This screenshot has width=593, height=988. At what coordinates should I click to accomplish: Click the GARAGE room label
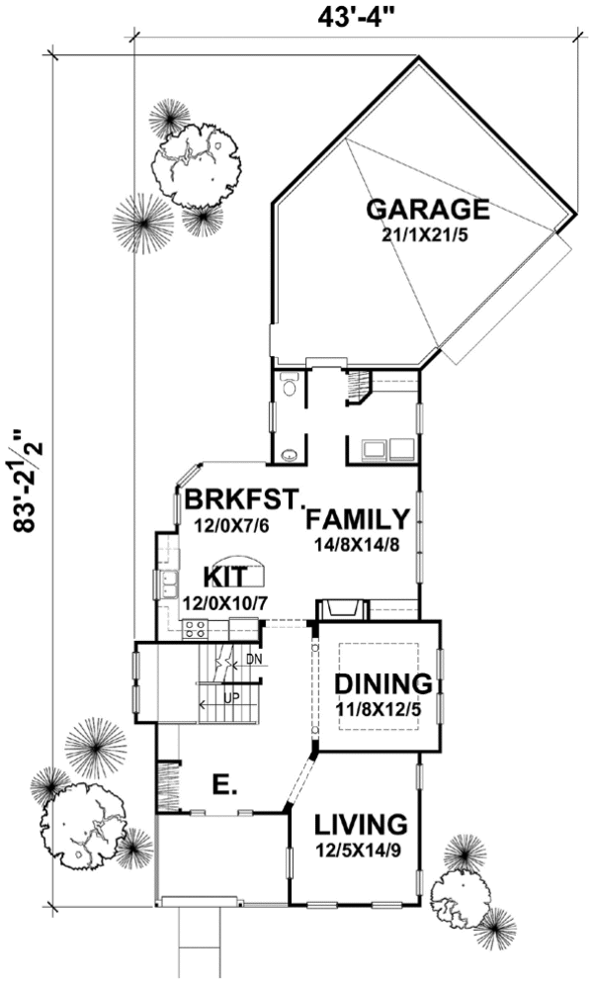[427, 210]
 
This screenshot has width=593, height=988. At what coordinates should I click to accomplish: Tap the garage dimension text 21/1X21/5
[428, 237]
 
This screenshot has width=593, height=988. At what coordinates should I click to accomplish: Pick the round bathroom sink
[288, 456]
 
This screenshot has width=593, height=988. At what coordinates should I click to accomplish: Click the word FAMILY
[357, 519]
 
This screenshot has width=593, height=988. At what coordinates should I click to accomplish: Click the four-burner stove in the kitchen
[195, 627]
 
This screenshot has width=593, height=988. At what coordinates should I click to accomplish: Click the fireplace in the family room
[341, 609]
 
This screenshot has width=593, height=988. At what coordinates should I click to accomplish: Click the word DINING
[381, 684]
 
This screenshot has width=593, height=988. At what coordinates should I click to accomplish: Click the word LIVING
[361, 824]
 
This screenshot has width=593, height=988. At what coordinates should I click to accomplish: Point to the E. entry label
[222, 786]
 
